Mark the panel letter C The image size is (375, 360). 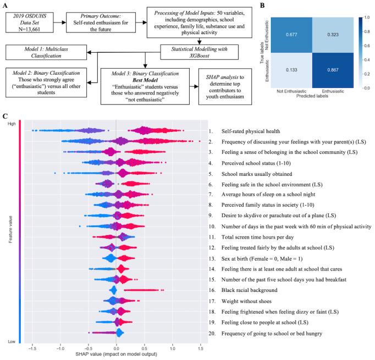5,117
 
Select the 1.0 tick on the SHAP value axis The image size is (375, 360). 173,348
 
